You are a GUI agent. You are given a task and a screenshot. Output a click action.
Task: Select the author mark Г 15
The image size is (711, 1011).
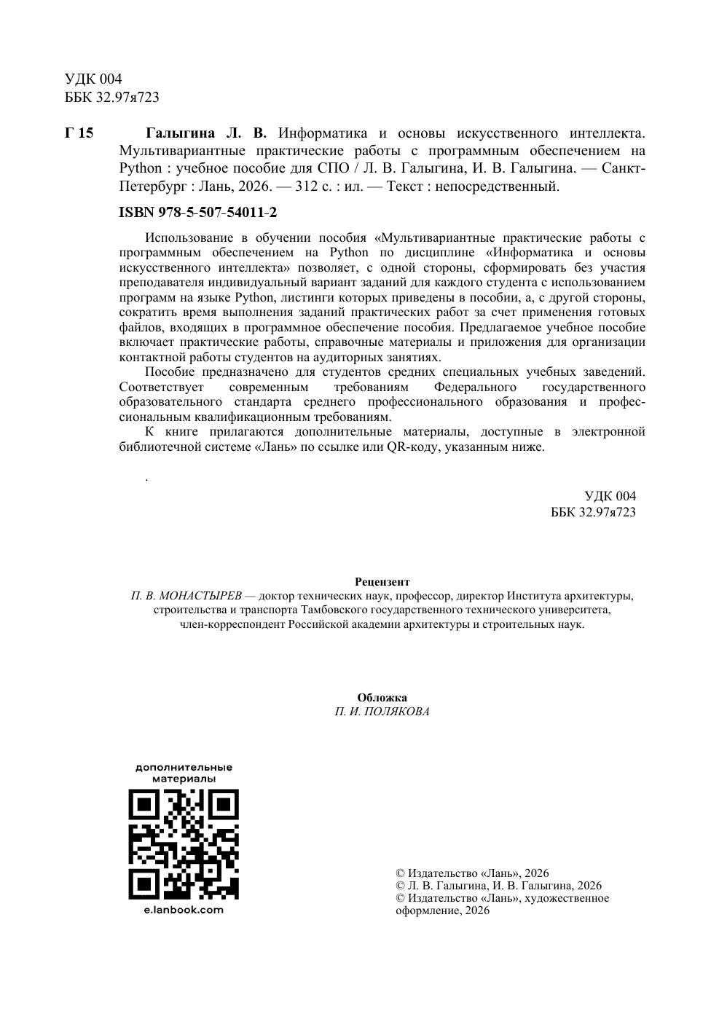pos(79,133)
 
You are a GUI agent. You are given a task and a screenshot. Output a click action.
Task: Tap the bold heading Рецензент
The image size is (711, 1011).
pos(382,582)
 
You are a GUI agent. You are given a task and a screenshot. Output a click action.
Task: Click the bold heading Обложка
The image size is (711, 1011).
pos(382,698)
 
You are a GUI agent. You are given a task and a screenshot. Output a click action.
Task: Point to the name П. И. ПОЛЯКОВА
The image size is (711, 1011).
pos(382,712)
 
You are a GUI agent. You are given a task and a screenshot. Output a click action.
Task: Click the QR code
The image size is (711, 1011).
pos(184,843)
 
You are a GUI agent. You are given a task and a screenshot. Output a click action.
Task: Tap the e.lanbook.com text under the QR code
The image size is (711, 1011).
pos(184,910)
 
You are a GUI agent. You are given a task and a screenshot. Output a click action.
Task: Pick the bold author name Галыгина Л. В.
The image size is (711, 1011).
pos(206,133)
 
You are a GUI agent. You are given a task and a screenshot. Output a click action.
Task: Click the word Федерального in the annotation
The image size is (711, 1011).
pos(474,387)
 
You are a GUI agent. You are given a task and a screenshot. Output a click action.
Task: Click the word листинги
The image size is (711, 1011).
pos(306,297)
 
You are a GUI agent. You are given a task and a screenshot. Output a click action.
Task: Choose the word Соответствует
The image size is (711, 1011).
pos(161,387)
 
